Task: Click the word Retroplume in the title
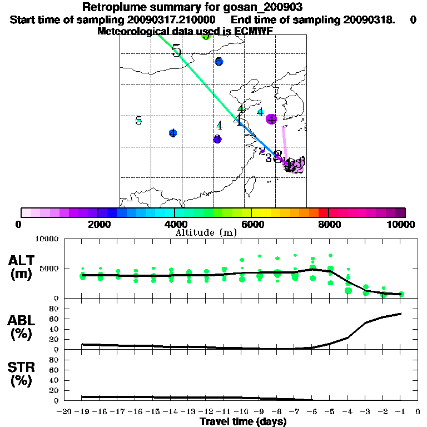(x=115, y=7)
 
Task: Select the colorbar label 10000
(x=401, y=224)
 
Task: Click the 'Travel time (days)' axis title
(x=243, y=421)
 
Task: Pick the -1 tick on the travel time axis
(x=400, y=413)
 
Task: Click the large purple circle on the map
(x=271, y=119)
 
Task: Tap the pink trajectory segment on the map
(x=284, y=143)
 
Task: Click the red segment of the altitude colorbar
(x=322, y=212)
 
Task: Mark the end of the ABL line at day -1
(x=400, y=314)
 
